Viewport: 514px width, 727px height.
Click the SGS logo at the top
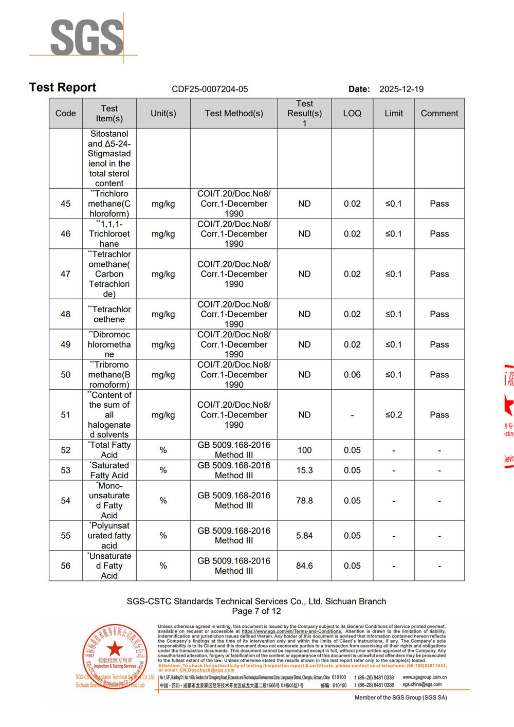point(86,37)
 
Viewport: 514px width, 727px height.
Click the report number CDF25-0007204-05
point(210,89)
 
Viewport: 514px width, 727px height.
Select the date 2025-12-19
point(401,89)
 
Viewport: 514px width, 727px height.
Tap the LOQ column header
point(352,113)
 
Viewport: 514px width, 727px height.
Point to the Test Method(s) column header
point(234,113)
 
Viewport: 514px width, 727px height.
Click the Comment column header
point(439,113)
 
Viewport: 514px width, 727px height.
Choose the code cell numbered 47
point(65,274)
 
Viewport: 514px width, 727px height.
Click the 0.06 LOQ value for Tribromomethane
point(352,375)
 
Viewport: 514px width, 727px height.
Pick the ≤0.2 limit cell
point(394,415)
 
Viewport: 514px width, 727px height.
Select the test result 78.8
point(304,500)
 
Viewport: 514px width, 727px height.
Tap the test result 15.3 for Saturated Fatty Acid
point(304,470)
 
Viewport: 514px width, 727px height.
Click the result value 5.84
point(304,535)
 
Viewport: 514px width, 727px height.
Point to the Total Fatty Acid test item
point(109,450)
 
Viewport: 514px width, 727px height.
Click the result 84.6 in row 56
point(304,566)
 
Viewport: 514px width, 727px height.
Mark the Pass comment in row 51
point(439,415)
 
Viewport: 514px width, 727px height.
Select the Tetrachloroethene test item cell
point(109,314)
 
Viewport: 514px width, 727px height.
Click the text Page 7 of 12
point(256,611)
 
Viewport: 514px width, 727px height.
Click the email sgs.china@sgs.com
point(422,684)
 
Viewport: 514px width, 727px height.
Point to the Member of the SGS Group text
point(400,698)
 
